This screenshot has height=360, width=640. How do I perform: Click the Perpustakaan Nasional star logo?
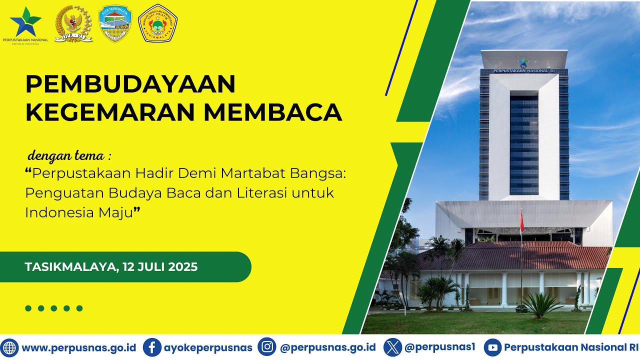click(x=25, y=21)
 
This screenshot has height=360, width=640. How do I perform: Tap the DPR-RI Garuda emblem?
click(x=73, y=23)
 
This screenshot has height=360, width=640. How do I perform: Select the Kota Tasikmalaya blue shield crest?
click(x=115, y=23)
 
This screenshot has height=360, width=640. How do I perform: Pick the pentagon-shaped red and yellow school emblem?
click(x=157, y=23)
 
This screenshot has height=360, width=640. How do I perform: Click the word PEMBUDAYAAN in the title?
click(x=130, y=84)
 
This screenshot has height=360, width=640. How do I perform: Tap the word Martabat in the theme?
click(x=249, y=173)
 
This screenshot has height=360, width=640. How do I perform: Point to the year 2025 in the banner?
click(x=183, y=267)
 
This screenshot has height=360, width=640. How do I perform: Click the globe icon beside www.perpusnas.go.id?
click(x=9, y=347)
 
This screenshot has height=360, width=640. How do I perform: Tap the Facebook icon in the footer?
click(x=152, y=347)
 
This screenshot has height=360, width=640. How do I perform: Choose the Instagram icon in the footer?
click(x=267, y=347)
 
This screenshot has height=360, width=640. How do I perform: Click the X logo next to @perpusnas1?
click(x=392, y=347)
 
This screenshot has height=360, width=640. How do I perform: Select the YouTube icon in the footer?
click(x=492, y=347)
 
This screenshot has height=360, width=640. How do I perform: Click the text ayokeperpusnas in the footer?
click(x=208, y=347)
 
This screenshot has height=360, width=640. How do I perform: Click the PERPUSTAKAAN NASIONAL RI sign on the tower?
click(x=524, y=71)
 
